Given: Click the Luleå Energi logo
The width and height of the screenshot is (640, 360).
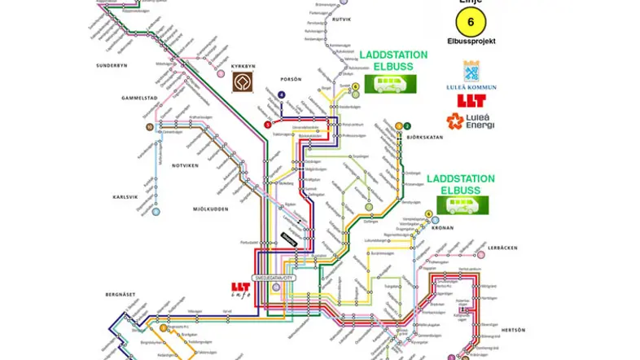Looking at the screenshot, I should point(471,123).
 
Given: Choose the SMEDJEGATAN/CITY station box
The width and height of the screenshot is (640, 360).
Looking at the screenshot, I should point(278,278).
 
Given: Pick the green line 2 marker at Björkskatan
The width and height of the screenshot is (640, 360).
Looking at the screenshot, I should point(407,125).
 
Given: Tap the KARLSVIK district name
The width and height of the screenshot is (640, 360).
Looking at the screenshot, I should point(127,197).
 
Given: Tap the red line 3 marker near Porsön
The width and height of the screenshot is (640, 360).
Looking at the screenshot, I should point(267,125).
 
